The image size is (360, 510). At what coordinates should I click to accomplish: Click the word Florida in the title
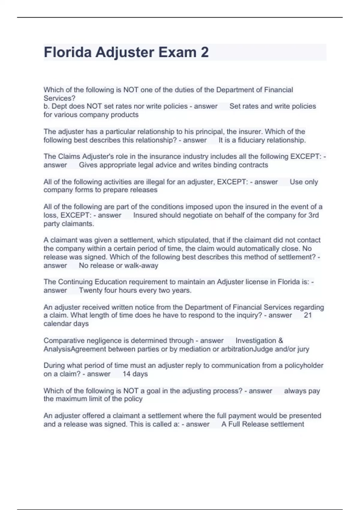(67, 52)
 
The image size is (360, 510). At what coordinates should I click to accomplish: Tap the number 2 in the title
(205, 52)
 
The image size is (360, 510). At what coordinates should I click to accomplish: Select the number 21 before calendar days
(308, 315)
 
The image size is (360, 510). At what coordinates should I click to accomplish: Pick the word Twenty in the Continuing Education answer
(90, 290)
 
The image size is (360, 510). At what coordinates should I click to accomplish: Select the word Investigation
(256, 340)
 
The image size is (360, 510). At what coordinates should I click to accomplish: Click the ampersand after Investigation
(280, 340)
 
